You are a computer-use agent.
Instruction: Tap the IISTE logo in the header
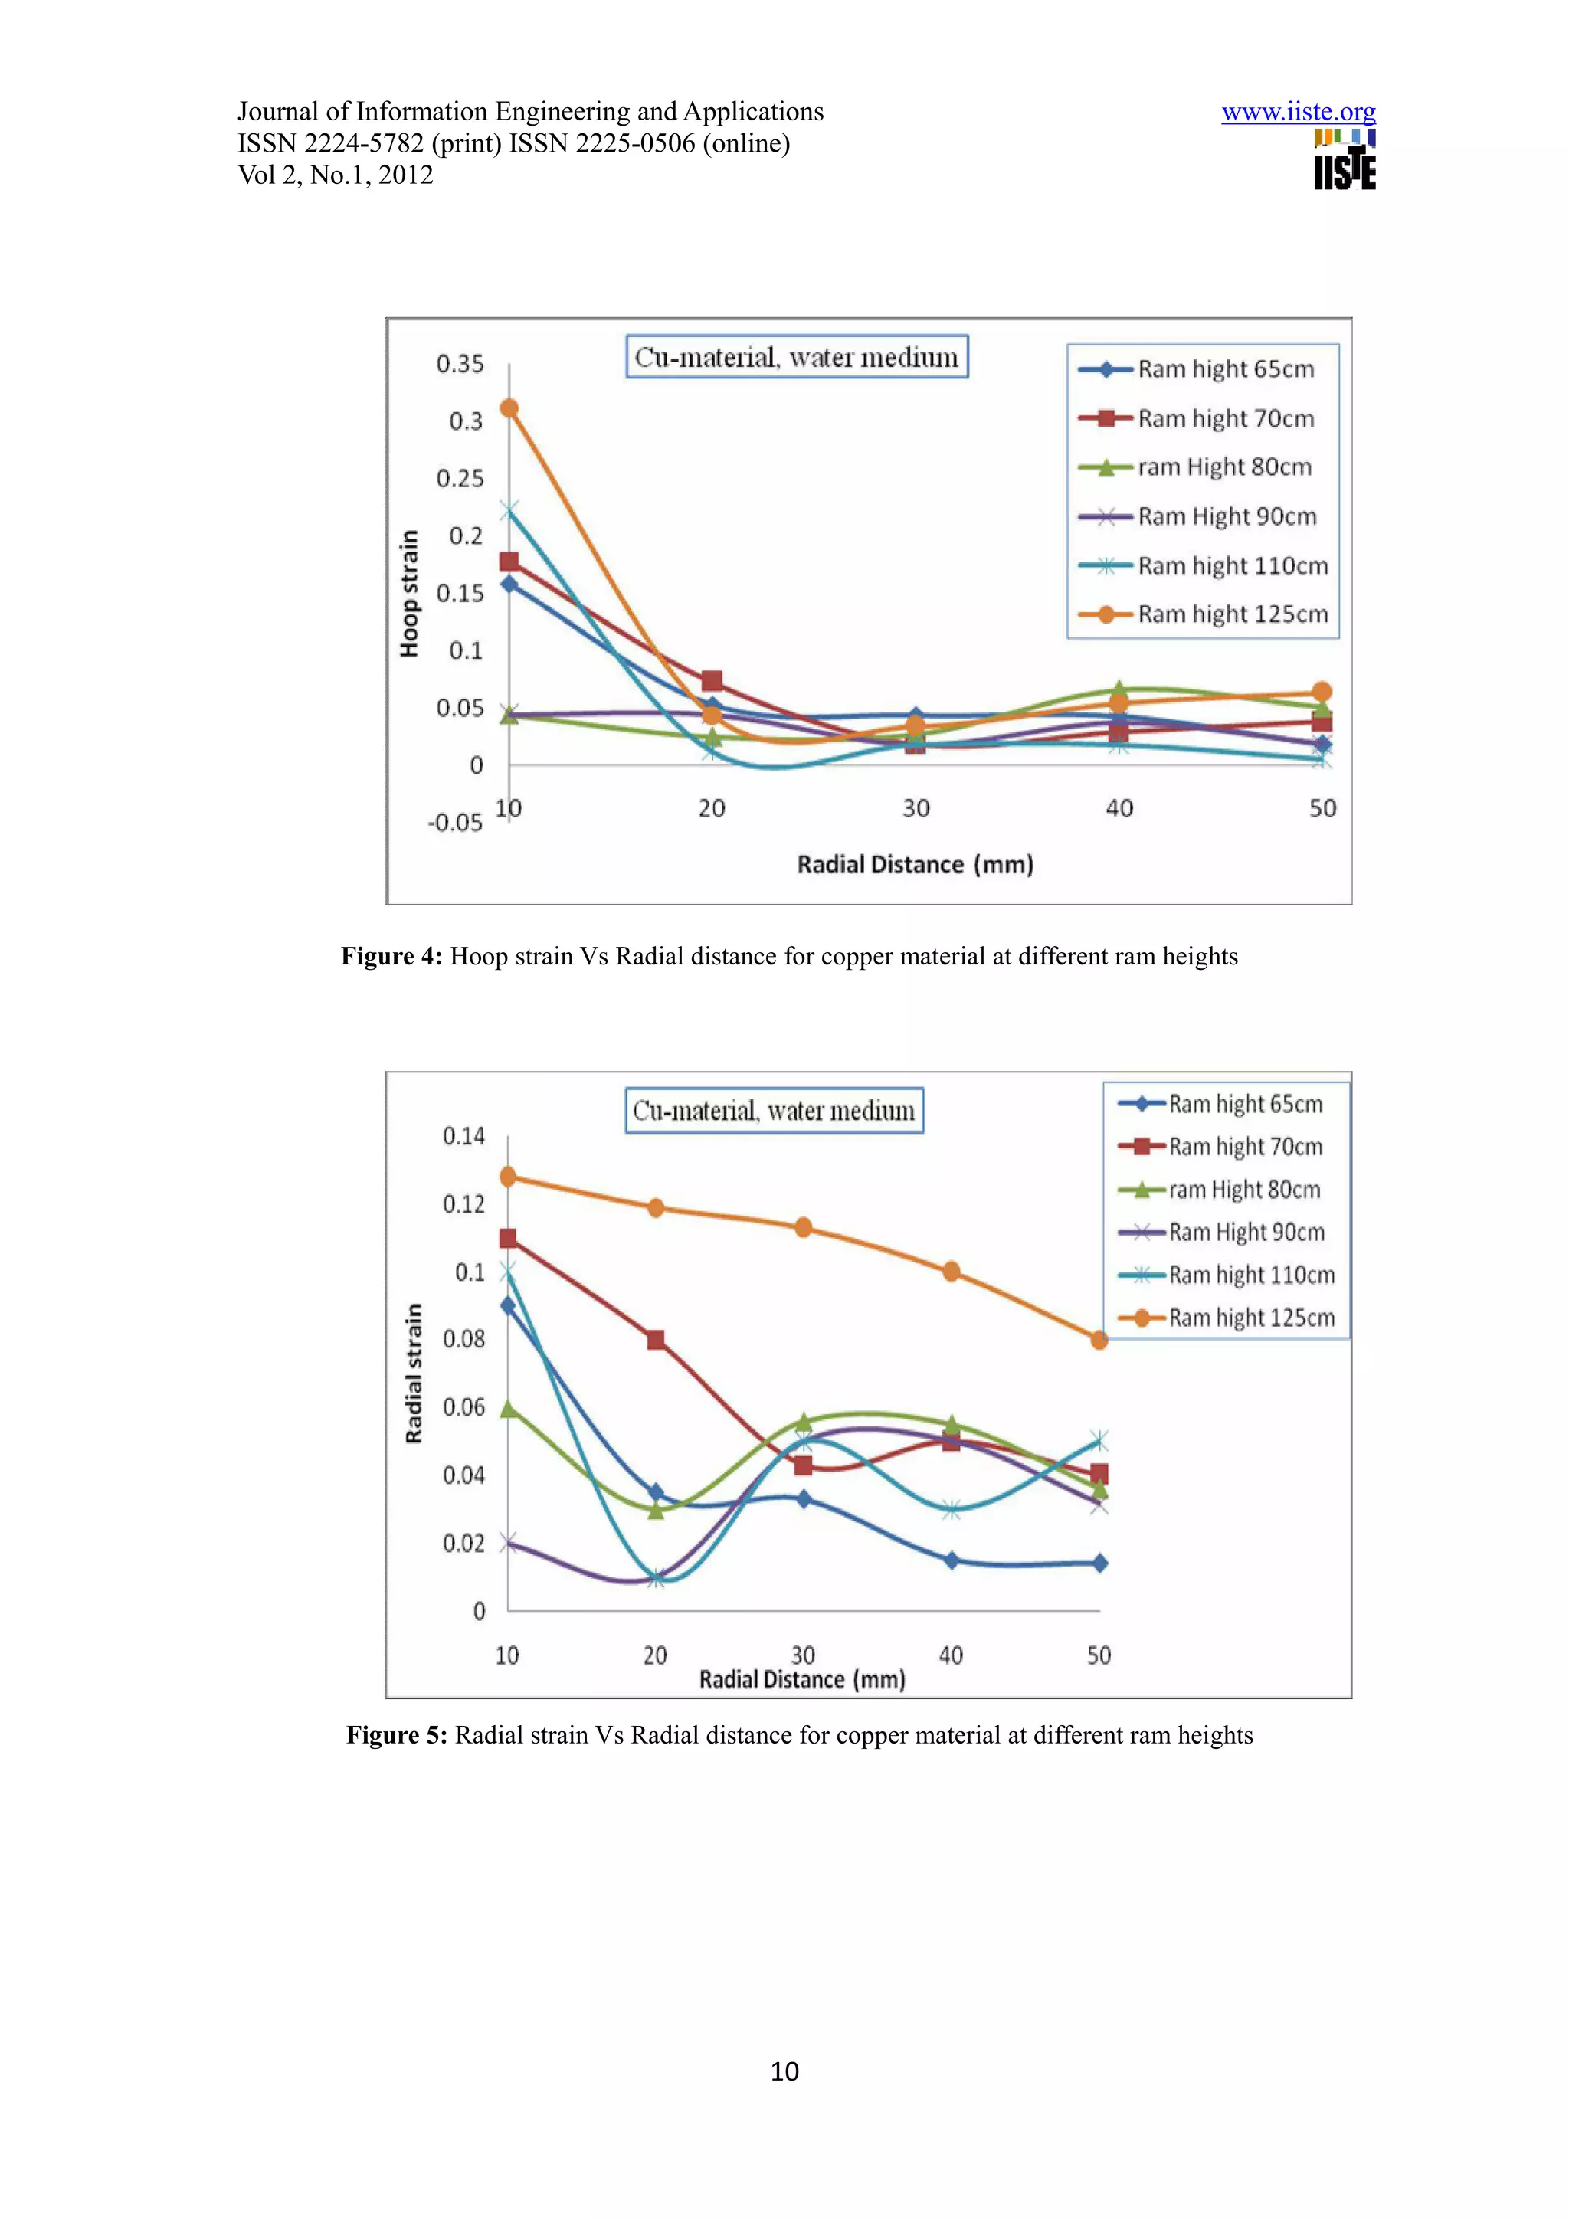pyautogui.click(x=1344, y=161)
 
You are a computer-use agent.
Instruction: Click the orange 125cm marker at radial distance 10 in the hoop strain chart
pyautogui.click(x=509, y=408)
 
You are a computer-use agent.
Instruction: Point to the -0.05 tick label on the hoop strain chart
pyautogui.click(x=454, y=823)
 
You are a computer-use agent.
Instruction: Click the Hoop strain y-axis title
pyautogui.click(x=410, y=594)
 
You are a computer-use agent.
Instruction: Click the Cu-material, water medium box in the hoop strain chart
pyautogui.click(x=797, y=357)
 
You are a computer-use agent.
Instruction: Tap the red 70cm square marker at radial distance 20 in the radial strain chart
pyautogui.click(x=656, y=1339)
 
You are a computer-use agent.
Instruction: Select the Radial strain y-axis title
pyautogui.click(x=414, y=1373)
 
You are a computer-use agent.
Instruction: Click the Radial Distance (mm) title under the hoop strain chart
pyautogui.click(x=915, y=864)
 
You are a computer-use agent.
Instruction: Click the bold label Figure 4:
pyautogui.click(x=391, y=956)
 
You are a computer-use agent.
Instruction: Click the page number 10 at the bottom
pyautogui.click(x=784, y=2071)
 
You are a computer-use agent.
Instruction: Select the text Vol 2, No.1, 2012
pyautogui.click(x=336, y=175)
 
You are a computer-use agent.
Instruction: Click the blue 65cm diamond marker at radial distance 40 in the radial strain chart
pyautogui.click(x=952, y=1560)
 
